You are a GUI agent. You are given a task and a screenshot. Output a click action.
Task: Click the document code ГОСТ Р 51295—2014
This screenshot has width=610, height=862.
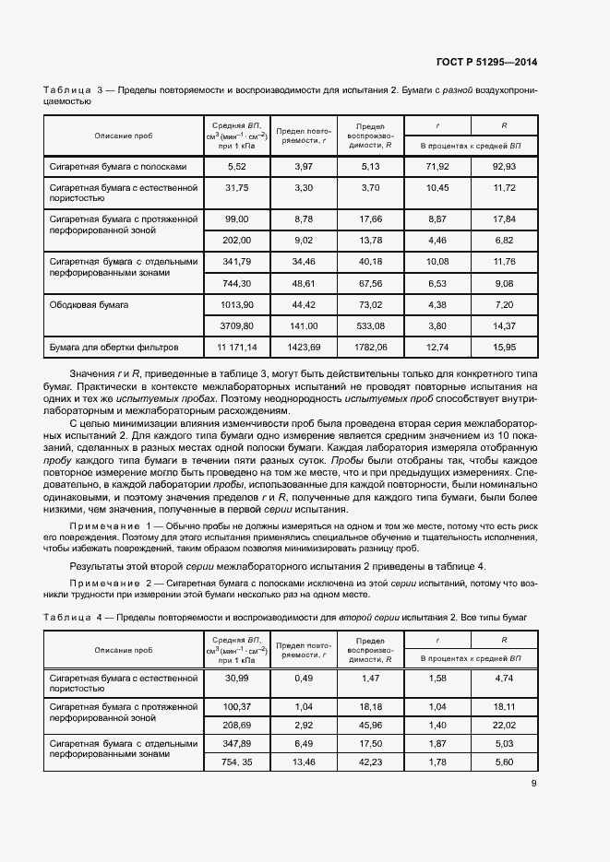tap(485, 62)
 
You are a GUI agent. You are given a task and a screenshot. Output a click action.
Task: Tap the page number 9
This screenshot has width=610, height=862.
tap(534, 785)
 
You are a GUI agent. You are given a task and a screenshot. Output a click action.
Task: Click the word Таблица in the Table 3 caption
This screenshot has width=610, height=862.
tap(67, 90)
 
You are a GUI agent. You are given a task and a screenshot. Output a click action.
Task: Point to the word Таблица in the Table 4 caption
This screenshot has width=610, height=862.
tap(67, 616)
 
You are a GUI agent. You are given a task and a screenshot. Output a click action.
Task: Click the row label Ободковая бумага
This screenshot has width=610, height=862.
tap(90, 303)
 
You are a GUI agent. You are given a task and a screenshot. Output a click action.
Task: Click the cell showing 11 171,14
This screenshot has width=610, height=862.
tap(237, 348)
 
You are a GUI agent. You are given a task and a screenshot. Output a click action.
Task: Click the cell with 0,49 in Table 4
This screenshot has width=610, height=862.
tap(305, 679)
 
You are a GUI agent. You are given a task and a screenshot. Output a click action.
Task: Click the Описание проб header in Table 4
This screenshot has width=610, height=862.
tap(123, 650)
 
